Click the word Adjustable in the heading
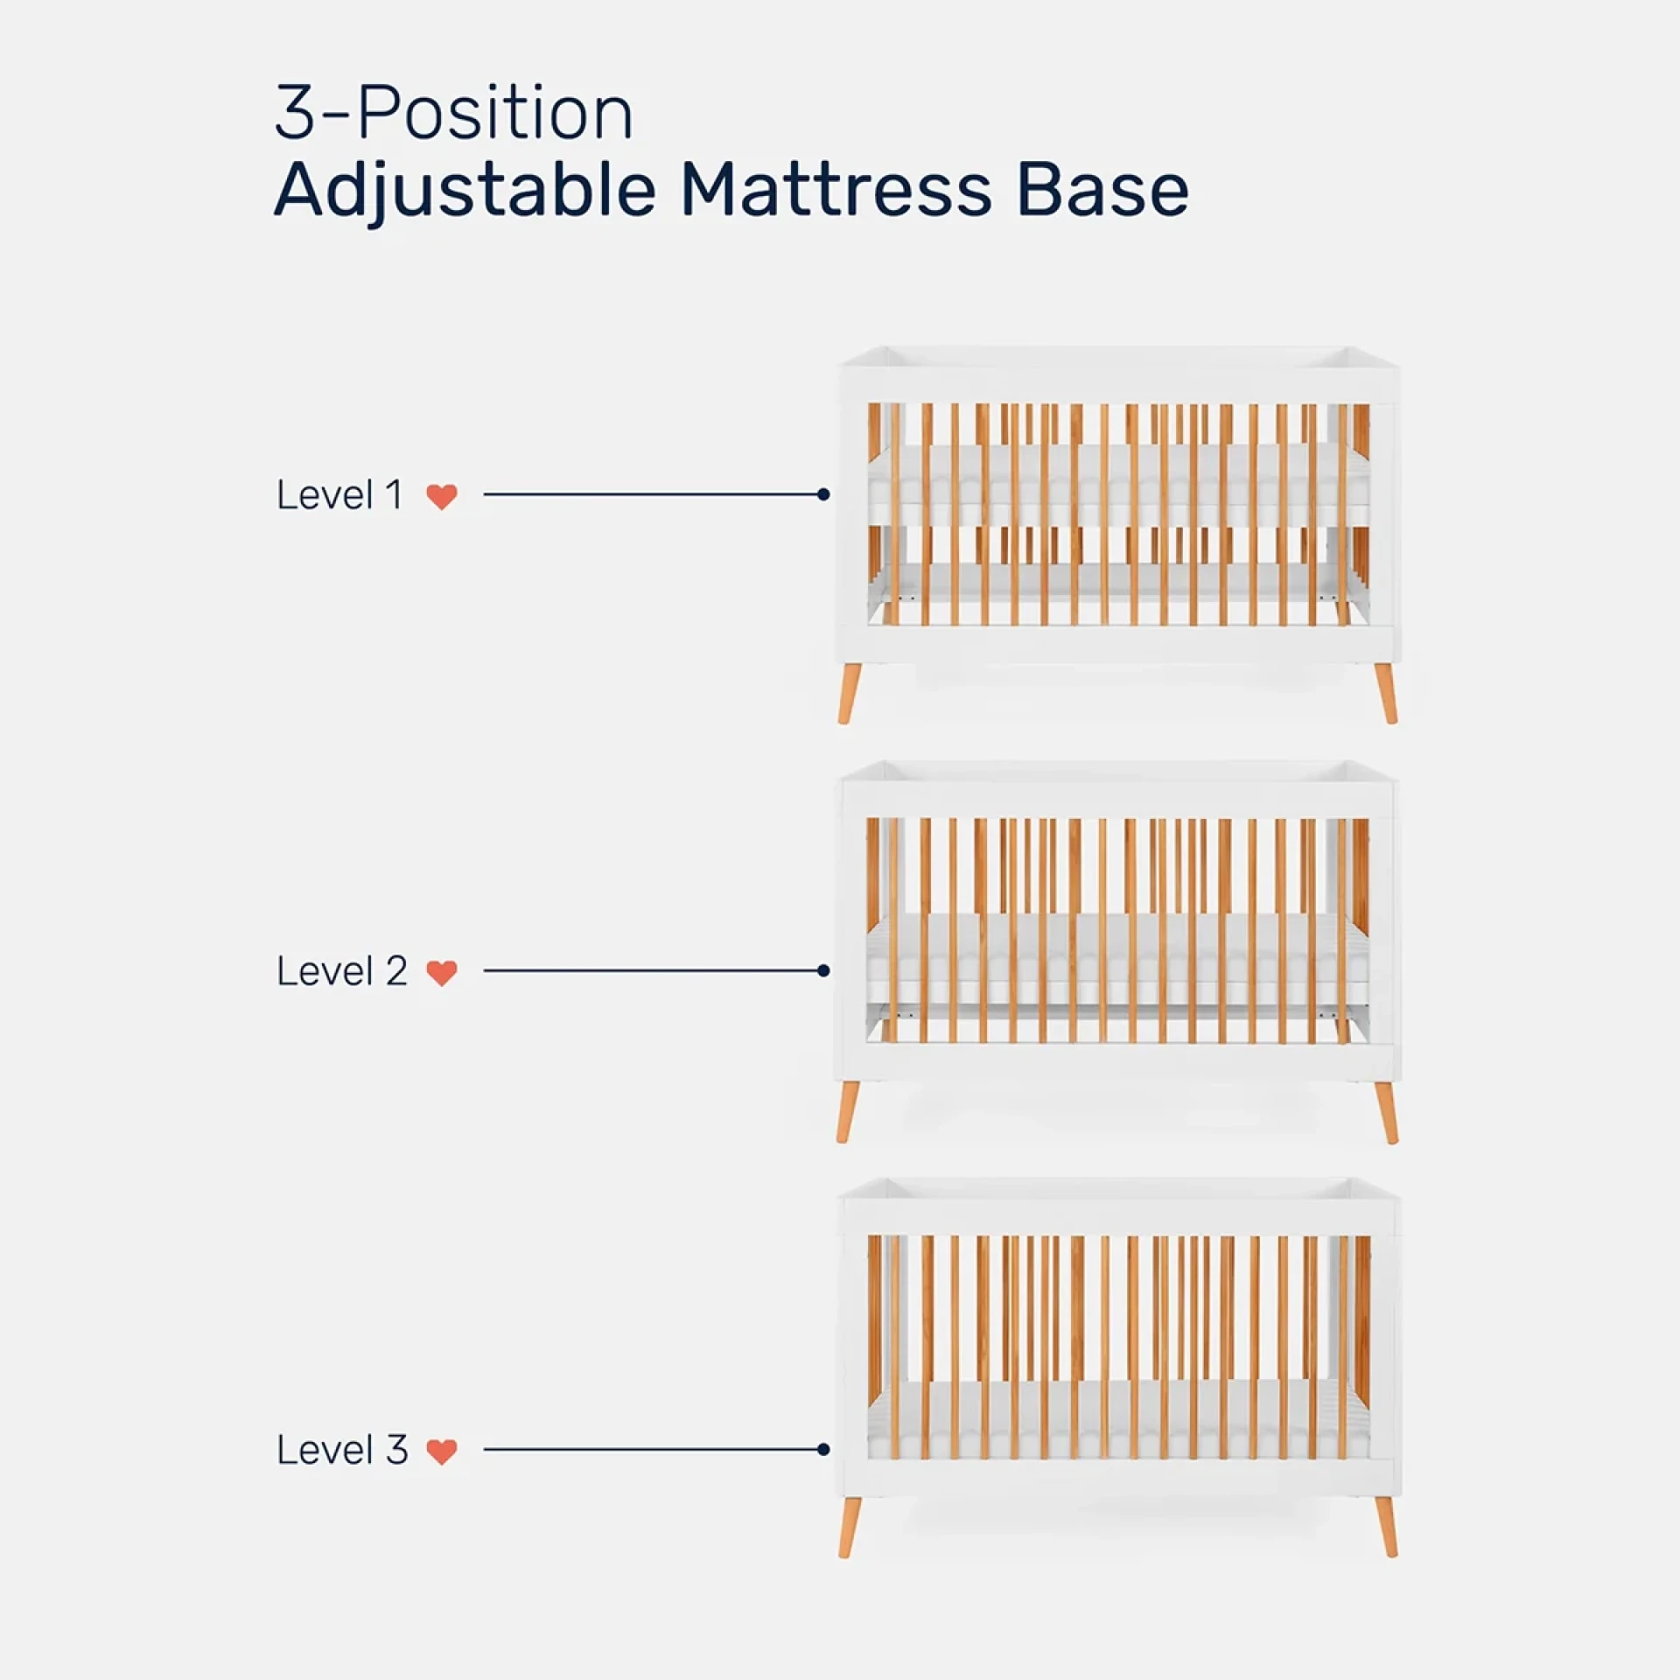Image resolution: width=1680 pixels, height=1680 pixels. point(465,190)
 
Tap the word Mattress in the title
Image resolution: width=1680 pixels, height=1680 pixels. point(836,190)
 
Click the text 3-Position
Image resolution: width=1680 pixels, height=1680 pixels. point(453,113)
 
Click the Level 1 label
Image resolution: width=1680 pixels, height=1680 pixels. point(340,495)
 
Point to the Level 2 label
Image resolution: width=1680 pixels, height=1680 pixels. point(342,971)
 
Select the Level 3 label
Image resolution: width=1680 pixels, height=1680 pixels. point(342,1450)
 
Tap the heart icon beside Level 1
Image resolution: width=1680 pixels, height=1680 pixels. point(442,497)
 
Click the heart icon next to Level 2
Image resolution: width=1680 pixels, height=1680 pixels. point(442,973)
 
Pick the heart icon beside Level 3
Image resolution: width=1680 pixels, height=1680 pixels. point(442,1452)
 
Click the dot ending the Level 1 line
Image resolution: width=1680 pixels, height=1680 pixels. point(823,494)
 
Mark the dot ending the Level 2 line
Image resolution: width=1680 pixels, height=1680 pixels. point(823,970)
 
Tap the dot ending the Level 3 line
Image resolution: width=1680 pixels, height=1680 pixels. point(823,1449)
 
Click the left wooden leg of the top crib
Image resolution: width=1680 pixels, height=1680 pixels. point(848,694)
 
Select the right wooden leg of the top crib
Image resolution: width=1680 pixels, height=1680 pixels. point(1386,694)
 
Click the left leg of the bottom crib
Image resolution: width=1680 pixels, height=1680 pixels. point(848,1528)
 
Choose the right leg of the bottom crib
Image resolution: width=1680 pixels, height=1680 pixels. point(1386,1528)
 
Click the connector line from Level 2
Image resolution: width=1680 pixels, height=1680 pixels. point(652,970)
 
